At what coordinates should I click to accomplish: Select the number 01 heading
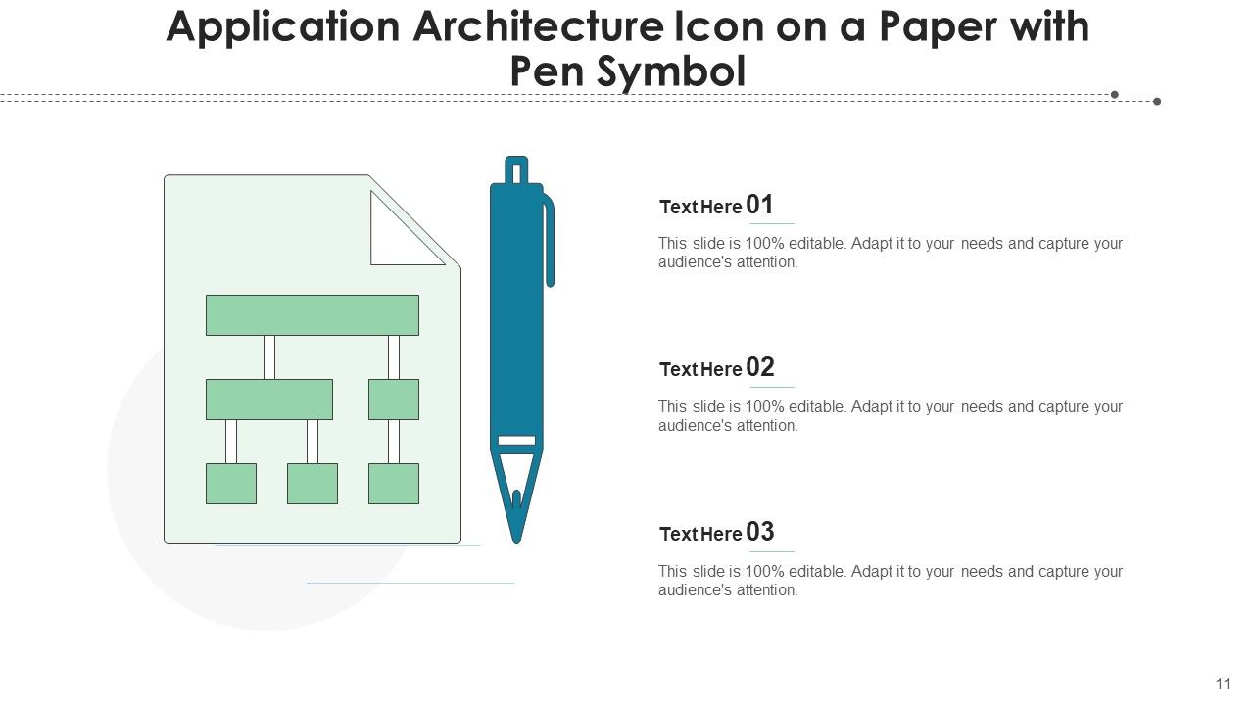click(x=759, y=205)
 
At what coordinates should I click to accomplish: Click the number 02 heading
click(x=759, y=368)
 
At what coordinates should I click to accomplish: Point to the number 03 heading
click(x=759, y=532)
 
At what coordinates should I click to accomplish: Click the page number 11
click(x=1222, y=683)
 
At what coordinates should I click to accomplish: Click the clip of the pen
click(x=549, y=240)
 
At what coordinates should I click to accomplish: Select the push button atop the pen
click(x=516, y=169)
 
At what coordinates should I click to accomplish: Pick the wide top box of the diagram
click(x=313, y=315)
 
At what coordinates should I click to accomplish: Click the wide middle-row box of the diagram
click(x=269, y=399)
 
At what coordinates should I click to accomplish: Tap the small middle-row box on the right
click(x=394, y=399)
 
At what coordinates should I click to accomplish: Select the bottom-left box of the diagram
click(x=231, y=484)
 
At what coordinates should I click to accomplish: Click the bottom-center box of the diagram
click(x=313, y=484)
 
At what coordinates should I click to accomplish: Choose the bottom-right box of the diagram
click(x=394, y=484)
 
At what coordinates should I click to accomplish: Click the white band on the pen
click(x=516, y=441)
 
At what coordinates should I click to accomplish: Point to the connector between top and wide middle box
click(x=269, y=357)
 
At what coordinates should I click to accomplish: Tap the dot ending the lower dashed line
click(x=1157, y=101)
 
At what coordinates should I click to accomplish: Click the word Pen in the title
click(x=551, y=71)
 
